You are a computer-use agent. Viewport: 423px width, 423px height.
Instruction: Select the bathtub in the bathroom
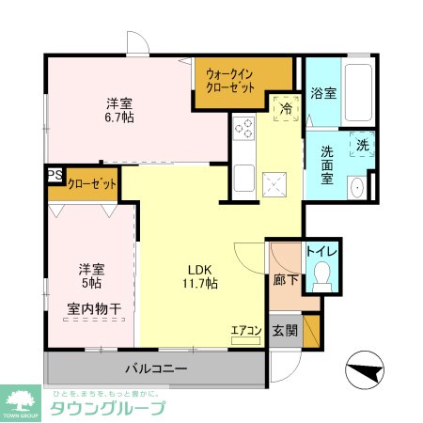[357, 93]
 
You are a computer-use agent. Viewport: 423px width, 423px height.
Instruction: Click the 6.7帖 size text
[118, 119]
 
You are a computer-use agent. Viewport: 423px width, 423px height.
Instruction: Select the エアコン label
[245, 330]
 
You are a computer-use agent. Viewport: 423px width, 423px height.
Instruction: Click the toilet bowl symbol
[322, 274]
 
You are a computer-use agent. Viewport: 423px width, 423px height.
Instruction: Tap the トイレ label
[322, 252]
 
